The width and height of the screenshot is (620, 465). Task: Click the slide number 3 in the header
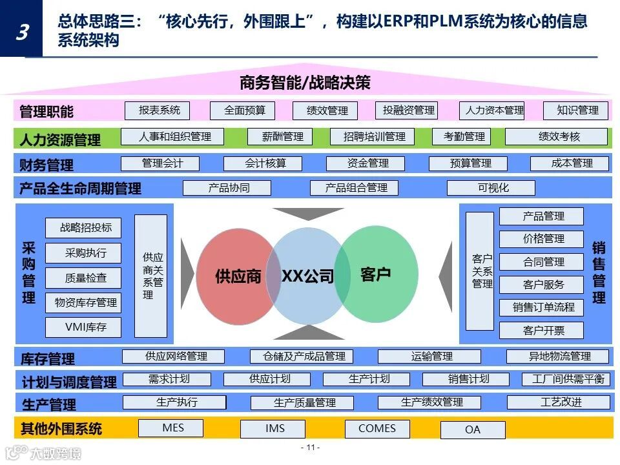(x=21, y=31)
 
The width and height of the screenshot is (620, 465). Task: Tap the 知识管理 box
(x=577, y=110)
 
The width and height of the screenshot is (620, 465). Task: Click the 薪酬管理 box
(x=282, y=137)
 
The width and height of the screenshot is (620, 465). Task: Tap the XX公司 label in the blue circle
(x=307, y=276)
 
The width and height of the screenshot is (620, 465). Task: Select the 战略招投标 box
(x=85, y=227)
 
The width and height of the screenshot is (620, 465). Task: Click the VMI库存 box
(x=85, y=327)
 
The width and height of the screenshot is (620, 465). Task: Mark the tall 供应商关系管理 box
(x=152, y=276)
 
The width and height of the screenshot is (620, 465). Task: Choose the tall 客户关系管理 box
(x=481, y=271)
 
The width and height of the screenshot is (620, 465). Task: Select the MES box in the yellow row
(x=172, y=428)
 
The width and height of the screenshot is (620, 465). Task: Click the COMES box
(x=377, y=428)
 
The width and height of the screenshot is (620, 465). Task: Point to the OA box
(x=472, y=429)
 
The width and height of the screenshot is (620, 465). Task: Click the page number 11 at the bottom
(x=310, y=447)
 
